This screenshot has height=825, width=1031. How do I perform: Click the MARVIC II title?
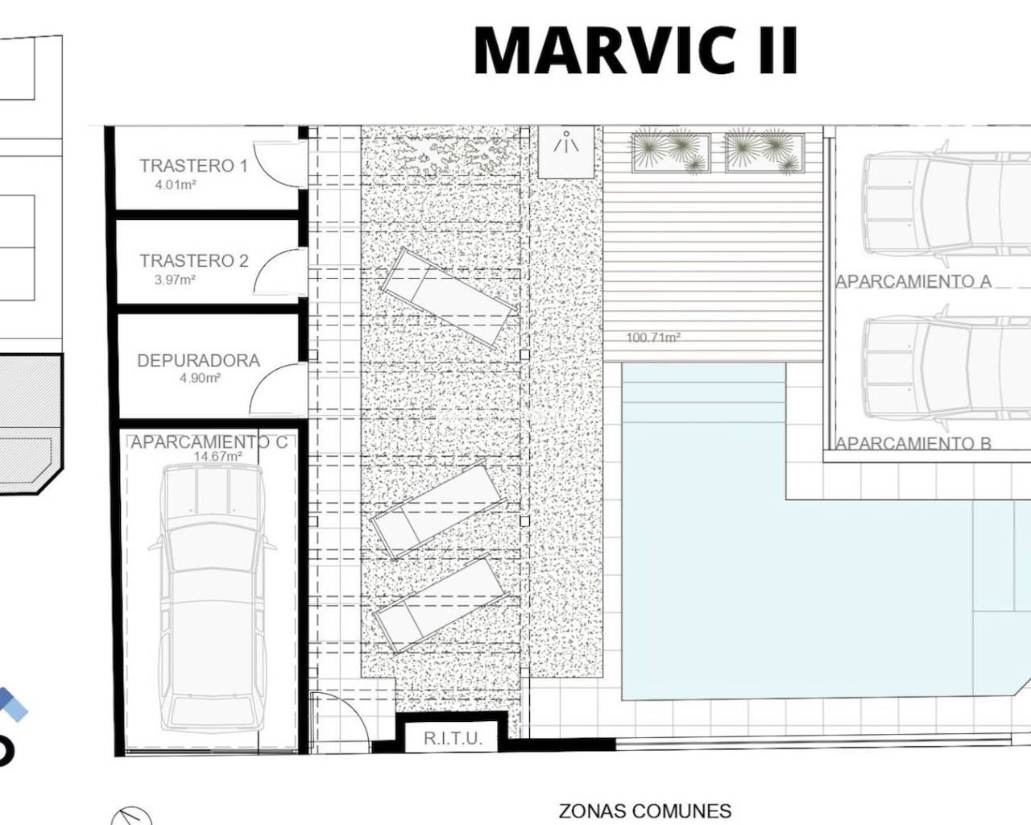[x=636, y=50]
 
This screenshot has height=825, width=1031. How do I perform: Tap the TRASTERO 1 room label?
[x=194, y=166]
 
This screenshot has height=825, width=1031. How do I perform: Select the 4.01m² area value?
[x=176, y=184]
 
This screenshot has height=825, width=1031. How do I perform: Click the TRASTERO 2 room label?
[x=194, y=261]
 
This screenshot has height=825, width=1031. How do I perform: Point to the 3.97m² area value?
[x=175, y=280]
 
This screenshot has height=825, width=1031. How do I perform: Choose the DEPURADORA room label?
[x=198, y=360]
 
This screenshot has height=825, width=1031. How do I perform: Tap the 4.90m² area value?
[x=201, y=378]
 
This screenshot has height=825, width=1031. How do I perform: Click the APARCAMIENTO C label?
[x=209, y=442]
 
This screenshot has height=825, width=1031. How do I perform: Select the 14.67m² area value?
[x=217, y=456]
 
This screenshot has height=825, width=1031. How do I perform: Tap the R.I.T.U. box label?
[x=453, y=739]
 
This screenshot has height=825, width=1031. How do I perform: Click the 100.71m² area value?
[x=653, y=338]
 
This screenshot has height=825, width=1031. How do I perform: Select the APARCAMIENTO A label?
[x=913, y=282]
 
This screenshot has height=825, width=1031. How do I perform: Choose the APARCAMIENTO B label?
[x=913, y=443]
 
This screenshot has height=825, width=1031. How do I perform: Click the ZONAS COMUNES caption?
[x=645, y=811]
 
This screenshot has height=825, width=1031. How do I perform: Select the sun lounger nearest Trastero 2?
[x=449, y=297]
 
